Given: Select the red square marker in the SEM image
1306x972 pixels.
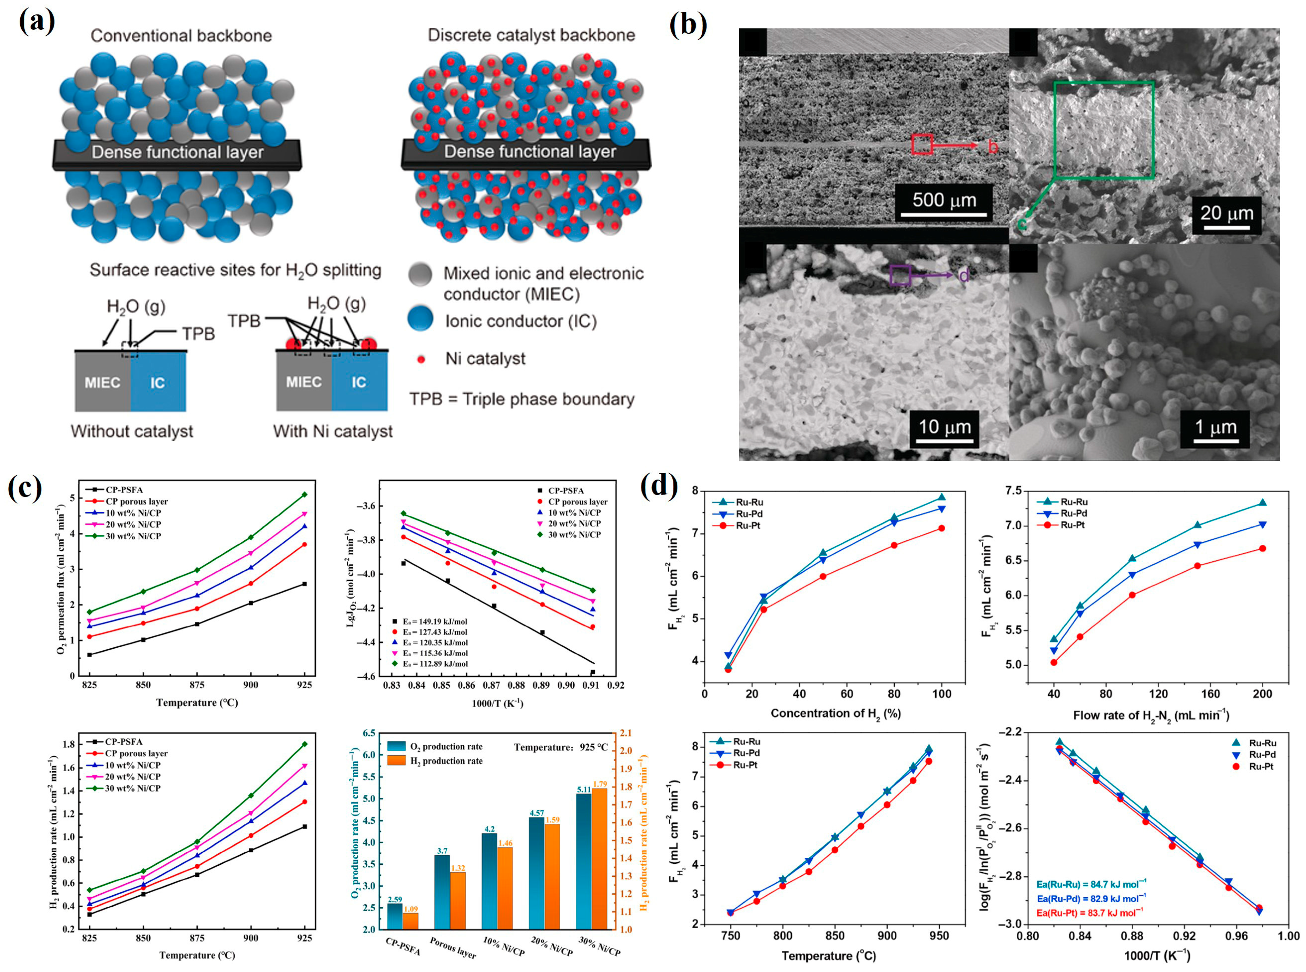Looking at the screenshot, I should pyautogui.click(x=922, y=144).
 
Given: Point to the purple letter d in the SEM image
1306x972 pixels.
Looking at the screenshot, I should pyautogui.click(x=964, y=276).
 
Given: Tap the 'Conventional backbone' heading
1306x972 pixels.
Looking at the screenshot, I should pyautogui.click(x=181, y=36).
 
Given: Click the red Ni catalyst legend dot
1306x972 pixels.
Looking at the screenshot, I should pyautogui.click(x=421, y=359).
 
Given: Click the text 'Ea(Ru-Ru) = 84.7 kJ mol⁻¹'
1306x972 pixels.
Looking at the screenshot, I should pyautogui.click(x=1091, y=884).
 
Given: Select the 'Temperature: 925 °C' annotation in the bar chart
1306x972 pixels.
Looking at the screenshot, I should pyautogui.click(x=561, y=747).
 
